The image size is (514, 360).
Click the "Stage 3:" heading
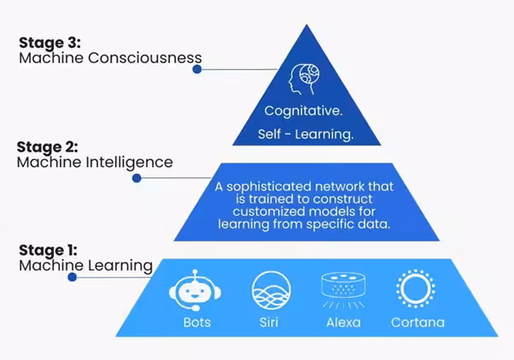coord(50,43)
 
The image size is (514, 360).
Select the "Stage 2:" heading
coord(48,147)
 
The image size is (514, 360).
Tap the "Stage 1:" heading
coord(48,251)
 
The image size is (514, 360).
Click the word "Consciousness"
coord(144,58)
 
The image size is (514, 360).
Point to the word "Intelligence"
coord(129,163)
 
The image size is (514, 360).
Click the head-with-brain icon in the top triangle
coord(304,79)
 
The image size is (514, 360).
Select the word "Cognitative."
coord(304,112)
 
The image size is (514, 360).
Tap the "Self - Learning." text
coord(306,135)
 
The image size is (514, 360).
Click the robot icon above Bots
coord(196,291)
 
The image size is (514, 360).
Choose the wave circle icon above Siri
coord(272,290)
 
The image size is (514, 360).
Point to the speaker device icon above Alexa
coord(343,290)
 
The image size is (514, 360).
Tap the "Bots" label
coord(197,322)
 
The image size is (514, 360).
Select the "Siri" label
coord(269,322)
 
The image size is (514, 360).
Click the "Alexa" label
coord(343,322)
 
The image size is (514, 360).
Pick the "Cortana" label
coord(418,322)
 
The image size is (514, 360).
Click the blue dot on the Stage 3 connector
coord(197,69)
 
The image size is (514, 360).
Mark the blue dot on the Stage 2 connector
coord(137,178)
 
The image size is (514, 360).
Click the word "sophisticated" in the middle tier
coord(268,188)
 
